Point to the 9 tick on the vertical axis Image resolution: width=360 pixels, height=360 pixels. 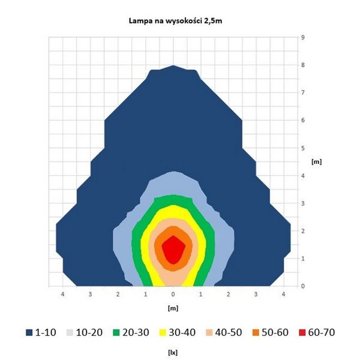(303, 37)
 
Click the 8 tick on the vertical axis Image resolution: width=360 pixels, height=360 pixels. (303, 65)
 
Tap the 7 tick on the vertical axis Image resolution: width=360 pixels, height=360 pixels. (303, 92)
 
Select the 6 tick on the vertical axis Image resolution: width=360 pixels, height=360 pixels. (303, 120)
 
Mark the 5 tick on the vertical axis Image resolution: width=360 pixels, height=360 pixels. (303, 148)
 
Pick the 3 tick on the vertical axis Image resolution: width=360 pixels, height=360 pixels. (303, 203)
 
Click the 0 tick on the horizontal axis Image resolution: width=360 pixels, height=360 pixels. (173, 295)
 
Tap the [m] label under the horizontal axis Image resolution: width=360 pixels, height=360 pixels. (173, 307)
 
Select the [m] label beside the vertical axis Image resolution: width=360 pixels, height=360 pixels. (316, 162)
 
